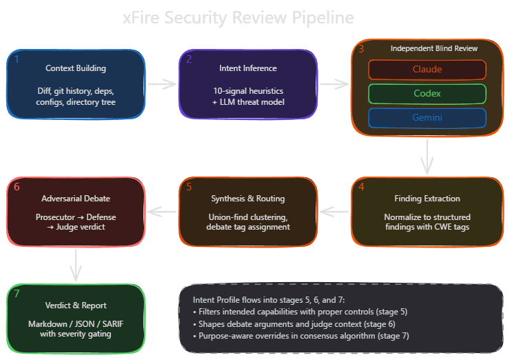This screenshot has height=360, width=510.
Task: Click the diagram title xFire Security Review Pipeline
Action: (238, 17)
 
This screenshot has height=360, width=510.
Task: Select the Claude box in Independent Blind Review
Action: (427, 70)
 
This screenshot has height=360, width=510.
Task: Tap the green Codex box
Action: (427, 94)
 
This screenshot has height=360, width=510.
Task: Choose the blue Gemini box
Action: (427, 118)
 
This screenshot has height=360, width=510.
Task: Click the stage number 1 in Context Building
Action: (17, 59)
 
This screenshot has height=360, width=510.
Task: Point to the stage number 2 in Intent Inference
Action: (189, 59)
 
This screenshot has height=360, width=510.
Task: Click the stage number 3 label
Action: (361, 48)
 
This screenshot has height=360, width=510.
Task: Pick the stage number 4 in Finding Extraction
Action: (361, 186)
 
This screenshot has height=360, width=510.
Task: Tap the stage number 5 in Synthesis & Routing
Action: (189, 186)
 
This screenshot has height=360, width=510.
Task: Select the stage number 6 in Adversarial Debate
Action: (17, 186)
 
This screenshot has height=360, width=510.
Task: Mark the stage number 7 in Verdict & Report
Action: (17, 294)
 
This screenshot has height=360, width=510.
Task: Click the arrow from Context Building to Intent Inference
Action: (162, 84)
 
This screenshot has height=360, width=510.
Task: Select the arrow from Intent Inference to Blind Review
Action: (334, 84)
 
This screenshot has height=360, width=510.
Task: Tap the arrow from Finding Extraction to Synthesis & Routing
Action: (334, 210)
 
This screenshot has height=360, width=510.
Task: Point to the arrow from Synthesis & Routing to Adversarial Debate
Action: (162, 210)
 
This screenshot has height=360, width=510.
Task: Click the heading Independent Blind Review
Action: (433, 49)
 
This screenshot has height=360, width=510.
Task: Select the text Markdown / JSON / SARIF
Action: (76, 323)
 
